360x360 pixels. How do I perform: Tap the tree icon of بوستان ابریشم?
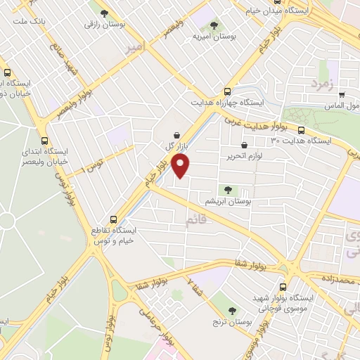coord(227,188)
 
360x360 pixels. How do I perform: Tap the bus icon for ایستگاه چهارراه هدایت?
coord(226,91)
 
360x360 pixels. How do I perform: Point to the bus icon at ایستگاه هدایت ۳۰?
coord(302,130)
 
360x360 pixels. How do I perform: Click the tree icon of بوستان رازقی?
coord(105,13)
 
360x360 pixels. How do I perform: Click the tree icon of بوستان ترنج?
coord(233,309)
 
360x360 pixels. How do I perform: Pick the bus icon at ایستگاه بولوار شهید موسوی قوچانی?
coord(283,287)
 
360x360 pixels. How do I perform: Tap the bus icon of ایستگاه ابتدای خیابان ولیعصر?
coord(46,140)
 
